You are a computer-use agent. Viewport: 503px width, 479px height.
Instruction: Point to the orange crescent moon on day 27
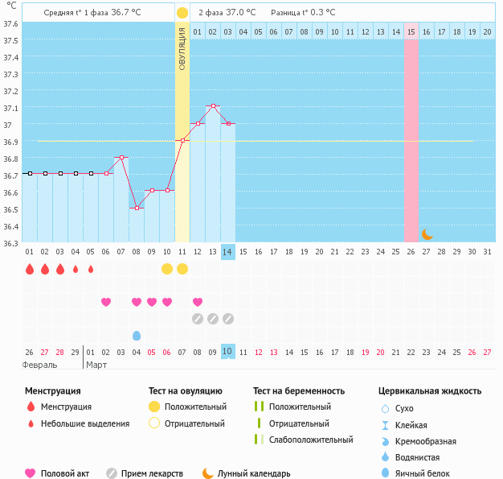point(427,234)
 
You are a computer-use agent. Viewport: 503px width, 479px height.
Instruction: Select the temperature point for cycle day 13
point(213,106)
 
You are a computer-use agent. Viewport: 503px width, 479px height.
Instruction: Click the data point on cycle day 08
point(137,208)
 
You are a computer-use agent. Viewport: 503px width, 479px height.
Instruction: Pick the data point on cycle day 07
point(121,157)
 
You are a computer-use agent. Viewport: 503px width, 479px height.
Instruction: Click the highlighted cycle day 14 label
point(228,252)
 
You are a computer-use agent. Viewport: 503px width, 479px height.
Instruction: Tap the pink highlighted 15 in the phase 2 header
point(411,31)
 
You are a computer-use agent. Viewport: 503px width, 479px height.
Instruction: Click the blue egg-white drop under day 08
point(137,335)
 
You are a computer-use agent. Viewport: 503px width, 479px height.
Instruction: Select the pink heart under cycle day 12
point(198,302)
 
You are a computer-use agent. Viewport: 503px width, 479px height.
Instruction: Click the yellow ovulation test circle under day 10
point(167,268)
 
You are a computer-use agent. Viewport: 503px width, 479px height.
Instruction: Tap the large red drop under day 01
point(30,269)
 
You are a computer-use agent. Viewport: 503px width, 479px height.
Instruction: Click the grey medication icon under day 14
point(228,319)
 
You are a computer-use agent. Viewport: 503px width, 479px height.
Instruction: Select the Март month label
point(96,365)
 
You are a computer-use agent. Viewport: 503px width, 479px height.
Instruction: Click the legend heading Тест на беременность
point(298,391)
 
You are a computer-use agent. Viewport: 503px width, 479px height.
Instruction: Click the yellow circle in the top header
point(182,13)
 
